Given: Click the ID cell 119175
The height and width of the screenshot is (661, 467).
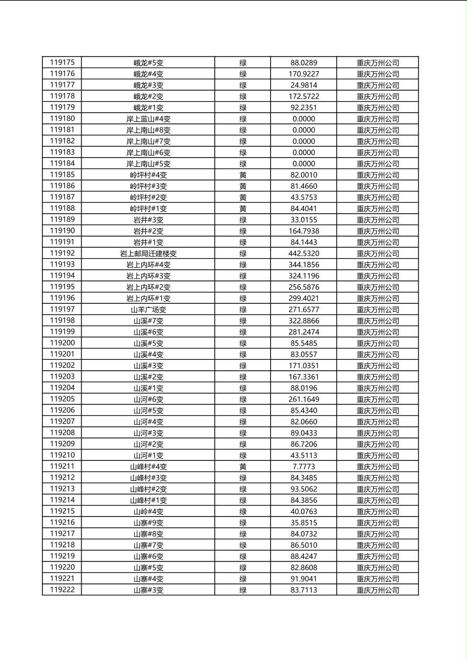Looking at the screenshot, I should (62, 63).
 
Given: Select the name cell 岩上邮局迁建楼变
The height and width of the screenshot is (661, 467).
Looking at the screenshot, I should (148, 254).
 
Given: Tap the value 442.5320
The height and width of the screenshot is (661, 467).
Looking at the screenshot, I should (304, 254).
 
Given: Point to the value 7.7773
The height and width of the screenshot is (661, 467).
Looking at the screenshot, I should (304, 467).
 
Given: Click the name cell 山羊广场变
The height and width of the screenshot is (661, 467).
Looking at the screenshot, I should (148, 310).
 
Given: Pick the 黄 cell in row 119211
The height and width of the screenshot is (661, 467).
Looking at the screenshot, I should (243, 467).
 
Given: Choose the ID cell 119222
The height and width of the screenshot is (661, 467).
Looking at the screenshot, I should (62, 590).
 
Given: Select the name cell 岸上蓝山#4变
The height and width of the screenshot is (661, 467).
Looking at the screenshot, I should (148, 119).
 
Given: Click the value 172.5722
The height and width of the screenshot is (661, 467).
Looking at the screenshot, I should (304, 96).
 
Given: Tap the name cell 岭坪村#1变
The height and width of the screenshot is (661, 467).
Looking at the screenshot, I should (148, 208).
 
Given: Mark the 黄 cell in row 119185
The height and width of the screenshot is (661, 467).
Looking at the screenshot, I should (243, 175).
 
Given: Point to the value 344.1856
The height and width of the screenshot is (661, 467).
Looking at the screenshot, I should (304, 265).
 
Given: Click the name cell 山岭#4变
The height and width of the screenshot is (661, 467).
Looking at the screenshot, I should (148, 511).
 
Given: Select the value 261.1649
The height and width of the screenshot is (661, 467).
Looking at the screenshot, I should (304, 399).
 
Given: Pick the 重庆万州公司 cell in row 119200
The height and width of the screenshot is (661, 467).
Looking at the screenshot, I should (377, 343).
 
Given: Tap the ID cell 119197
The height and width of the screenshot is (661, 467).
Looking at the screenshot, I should (62, 310).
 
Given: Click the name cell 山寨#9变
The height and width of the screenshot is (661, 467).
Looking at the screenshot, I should (148, 523).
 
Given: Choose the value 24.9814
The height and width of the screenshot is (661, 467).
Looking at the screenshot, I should (304, 85).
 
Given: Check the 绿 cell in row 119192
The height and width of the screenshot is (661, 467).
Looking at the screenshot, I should (243, 254).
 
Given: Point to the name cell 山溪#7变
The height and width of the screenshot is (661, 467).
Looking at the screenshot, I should (148, 321).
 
